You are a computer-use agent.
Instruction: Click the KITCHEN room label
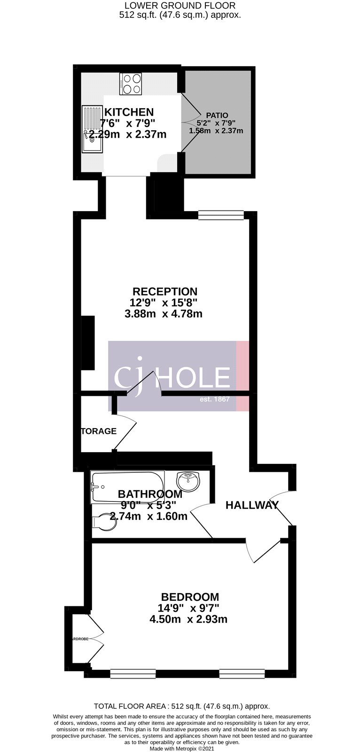(x=129, y=112)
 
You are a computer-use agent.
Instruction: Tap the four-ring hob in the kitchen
(x=131, y=84)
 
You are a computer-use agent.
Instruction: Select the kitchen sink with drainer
(x=92, y=128)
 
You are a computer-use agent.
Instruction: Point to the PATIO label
(x=217, y=115)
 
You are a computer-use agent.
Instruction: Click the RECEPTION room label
(x=164, y=291)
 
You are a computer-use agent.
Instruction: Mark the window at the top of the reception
(x=221, y=215)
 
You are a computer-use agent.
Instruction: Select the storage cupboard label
(x=99, y=431)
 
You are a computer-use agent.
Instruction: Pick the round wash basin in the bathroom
(x=188, y=481)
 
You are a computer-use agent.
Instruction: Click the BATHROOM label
(x=150, y=494)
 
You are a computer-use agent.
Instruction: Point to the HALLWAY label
(x=252, y=505)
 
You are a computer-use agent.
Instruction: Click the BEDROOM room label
(x=188, y=596)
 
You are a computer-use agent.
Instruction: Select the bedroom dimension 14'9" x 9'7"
(x=188, y=608)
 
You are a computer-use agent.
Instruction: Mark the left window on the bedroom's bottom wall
(x=126, y=675)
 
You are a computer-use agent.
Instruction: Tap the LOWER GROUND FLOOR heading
(x=180, y=6)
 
